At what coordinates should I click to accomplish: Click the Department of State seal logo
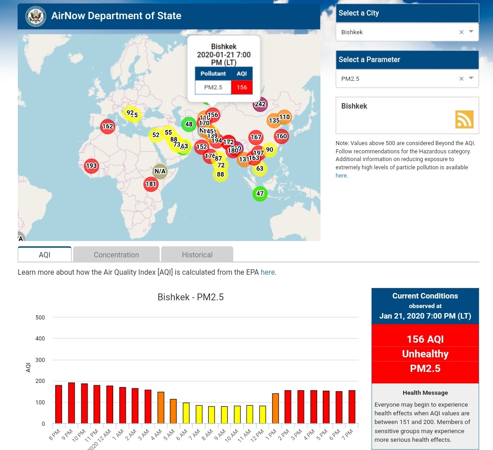point(36,16)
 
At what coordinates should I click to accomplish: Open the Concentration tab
point(116,255)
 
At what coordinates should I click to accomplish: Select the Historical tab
point(197,255)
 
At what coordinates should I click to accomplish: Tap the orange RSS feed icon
point(464,119)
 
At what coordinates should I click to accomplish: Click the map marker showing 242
point(260,104)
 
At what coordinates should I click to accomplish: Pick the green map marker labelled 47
point(260,194)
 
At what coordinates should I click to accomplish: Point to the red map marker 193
point(92,166)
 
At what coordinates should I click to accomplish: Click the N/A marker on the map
point(160,172)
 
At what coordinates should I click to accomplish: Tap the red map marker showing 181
point(151,184)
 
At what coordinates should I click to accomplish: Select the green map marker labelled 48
point(189,124)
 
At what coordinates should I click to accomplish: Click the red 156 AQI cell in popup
point(242,87)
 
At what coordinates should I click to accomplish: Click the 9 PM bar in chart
point(72,403)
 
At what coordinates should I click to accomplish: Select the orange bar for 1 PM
point(275,408)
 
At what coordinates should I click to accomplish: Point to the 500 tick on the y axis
point(40,317)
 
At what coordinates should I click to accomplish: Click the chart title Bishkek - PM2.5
point(190,297)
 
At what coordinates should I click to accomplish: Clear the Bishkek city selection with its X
point(461,32)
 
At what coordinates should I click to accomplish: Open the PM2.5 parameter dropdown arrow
point(471,78)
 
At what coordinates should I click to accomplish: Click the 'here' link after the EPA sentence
point(267,272)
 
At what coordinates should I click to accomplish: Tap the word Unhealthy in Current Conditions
point(425,354)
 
